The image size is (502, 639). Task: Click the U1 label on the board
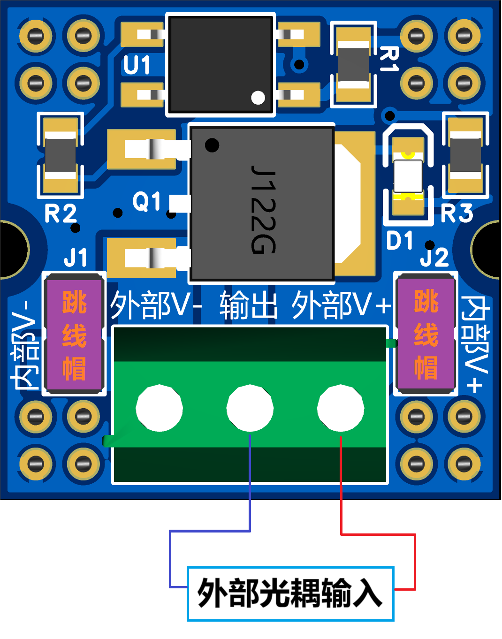pyautogui.click(x=137, y=65)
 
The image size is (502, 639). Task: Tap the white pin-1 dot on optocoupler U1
pyautogui.click(x=258, y=98)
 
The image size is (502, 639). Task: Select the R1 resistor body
pyautogui.click(x=353, y=65)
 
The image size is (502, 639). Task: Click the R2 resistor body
pyautogui.click(x=61, y=155)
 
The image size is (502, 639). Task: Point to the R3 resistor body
pyautogui.click(x=466, y=155)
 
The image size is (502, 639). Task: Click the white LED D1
pyautogui.click(x=408, y=176)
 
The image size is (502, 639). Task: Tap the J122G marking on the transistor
pyautogui.click(x=264, y=209)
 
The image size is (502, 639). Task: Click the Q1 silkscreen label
pyautogui.click(x=147, y=202)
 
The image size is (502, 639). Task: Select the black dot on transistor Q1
pyautogui.click(x=212, y=145)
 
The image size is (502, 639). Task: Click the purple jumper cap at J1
pyautogui.click(x=74, y=334)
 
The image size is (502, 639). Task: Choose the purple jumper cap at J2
pyautogui.click(x=426, y=334)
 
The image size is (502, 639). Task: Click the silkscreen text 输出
pyautogui.click(x=249, y=305)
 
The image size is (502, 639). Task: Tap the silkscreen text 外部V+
pyautogui.click(x=342, y=305)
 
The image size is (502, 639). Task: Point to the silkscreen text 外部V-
pyautogui.click(x=156, y=305)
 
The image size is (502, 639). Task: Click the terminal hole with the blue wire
pyautogui.click(x=250, y=408)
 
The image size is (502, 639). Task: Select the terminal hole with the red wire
pyautogui.click(x=341, y=408)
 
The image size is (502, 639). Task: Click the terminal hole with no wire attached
pyautogui.click(x=159, y=408)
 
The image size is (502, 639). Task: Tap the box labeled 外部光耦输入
pyautogui.click(x=290, y=594)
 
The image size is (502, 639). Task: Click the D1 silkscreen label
pyautogui.click(x=400, y=240)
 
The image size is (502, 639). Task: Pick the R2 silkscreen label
pyautogui.click(x=61, y=213)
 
